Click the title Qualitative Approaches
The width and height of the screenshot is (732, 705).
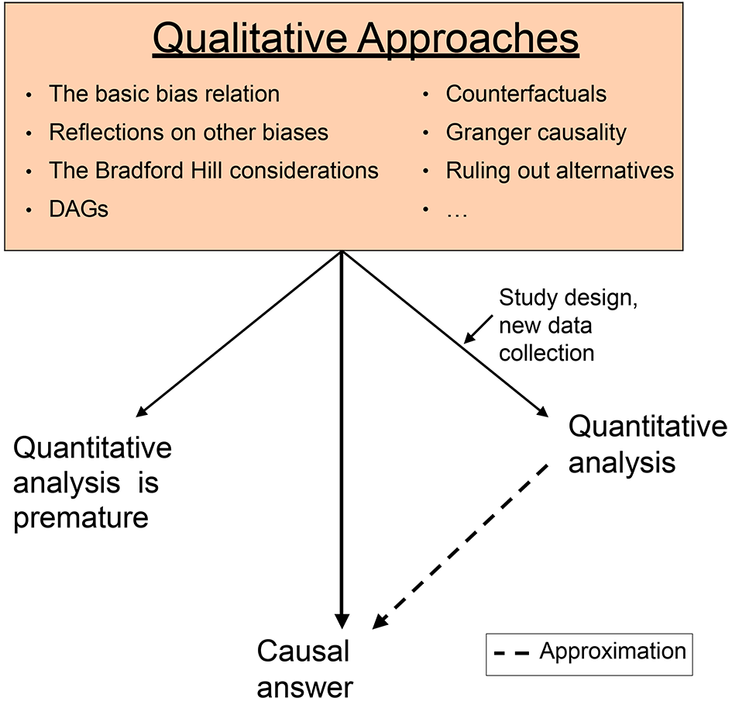[366, 40]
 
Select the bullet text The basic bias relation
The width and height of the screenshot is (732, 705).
[164, 94]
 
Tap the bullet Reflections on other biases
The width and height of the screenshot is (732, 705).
[188, 133]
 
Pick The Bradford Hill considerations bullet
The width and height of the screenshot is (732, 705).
[213, 171]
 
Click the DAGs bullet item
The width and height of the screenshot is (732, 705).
[78, 209]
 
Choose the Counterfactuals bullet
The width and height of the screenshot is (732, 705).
[526, 94]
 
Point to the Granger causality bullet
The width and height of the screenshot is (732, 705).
[536, 133]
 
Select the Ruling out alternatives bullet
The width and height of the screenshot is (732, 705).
[560, 171]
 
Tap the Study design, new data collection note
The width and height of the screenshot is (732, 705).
[568, 326]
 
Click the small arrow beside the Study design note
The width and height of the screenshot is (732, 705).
[478, 330]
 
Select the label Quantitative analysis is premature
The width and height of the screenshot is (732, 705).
[92, 483]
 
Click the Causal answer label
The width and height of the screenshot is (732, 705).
[304, 669]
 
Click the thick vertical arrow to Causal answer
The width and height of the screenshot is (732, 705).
[342, 440]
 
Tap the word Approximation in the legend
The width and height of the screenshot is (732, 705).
[613, 651]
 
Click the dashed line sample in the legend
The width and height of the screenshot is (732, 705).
[511, 653]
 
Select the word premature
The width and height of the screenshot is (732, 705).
[81, 518]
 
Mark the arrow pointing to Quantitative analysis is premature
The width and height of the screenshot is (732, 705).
[239, 333]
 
